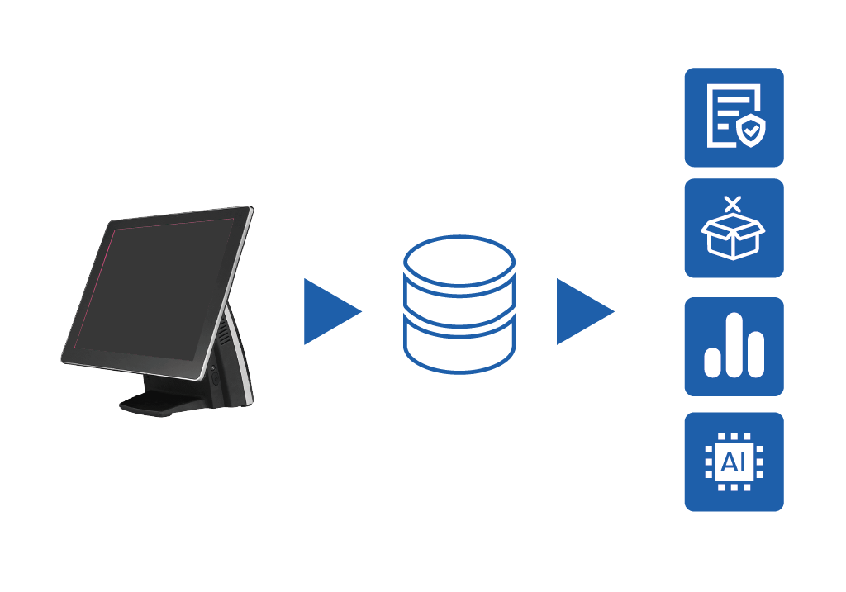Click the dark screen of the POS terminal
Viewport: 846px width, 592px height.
153,289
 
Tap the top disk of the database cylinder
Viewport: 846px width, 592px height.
459,259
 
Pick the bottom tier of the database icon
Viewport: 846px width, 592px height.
459,351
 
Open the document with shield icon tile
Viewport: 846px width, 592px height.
734,117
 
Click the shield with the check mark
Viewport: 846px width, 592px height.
751,130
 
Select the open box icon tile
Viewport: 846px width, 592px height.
734,229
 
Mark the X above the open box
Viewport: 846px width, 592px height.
732,202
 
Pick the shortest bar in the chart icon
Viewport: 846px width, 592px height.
712,362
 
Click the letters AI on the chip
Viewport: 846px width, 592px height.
733,462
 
